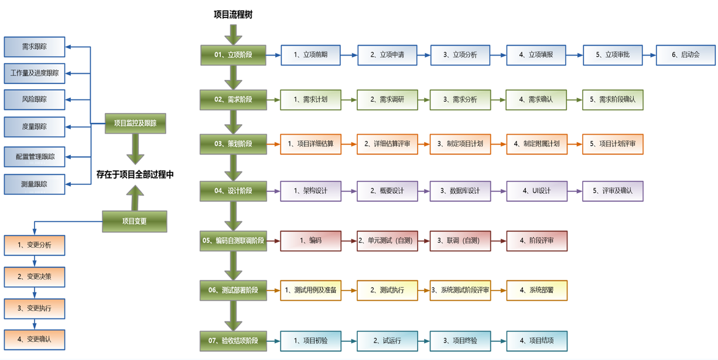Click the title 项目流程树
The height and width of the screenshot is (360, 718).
(233, 15)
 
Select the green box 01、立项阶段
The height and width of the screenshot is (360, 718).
(233, 55)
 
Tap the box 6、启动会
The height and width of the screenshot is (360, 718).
(686, 55)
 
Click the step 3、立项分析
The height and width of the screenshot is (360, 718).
(460, 55)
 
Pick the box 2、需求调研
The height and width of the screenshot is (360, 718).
(387, 100)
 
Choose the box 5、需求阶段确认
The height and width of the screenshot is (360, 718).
(613, 100)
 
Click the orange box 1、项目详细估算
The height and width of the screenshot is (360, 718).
(310, 144)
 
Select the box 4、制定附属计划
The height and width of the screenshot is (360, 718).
(536, 144)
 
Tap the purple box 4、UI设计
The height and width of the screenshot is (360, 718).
(536, 191)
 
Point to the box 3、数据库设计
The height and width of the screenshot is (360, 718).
(460, 191)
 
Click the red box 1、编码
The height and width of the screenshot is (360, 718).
(310, 241)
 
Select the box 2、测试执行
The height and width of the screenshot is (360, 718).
(387, 290)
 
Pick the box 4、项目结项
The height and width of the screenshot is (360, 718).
(536, 341)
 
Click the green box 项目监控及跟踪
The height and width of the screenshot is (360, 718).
(135, 124)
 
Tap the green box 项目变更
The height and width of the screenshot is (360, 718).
(135, 221)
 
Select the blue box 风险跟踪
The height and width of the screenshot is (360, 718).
(35, 100)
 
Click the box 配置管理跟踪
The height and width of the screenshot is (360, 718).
(35, 157)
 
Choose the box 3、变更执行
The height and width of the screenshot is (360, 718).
(35, 308)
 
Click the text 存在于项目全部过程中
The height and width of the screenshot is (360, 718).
(135, 174)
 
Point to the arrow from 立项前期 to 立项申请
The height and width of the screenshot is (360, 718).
(349, 56)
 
